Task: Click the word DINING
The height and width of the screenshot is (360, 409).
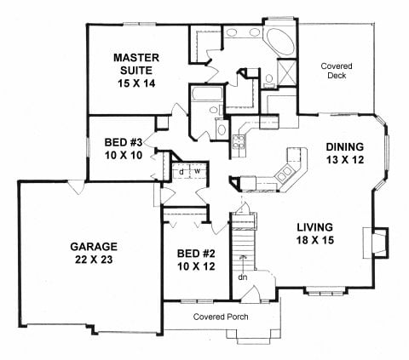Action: [344, 146]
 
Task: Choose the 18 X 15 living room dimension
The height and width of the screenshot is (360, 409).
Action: [314, 241]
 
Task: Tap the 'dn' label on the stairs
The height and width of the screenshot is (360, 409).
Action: [243, 276]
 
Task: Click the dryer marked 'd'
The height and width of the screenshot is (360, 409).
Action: [182, 169]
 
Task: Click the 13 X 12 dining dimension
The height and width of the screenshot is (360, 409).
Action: [344, 159]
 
